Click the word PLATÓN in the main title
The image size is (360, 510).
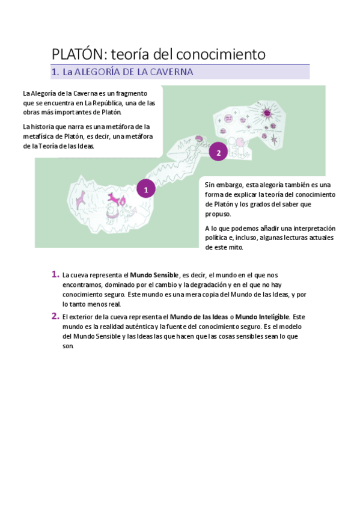click(78, 54)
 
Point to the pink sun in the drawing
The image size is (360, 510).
click(267, 114)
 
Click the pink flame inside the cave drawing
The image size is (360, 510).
click(123, 201)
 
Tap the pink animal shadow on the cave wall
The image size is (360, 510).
click(80, 200)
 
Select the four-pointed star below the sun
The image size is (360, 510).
click(274, 139)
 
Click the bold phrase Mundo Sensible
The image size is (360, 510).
click(154, 275)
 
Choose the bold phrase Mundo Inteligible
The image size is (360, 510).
click(262, 317)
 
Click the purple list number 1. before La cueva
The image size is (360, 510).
click(55, 274)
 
